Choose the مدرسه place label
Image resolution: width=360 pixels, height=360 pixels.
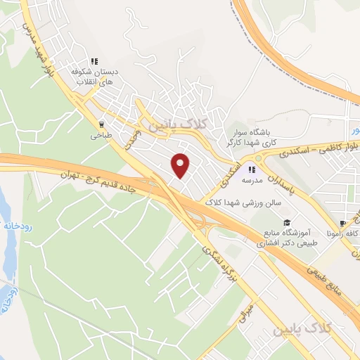(x=252, y=180)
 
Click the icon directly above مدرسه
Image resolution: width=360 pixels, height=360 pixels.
(x=252, y=169)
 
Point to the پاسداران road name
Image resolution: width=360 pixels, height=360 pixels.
(x=282, y=184)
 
